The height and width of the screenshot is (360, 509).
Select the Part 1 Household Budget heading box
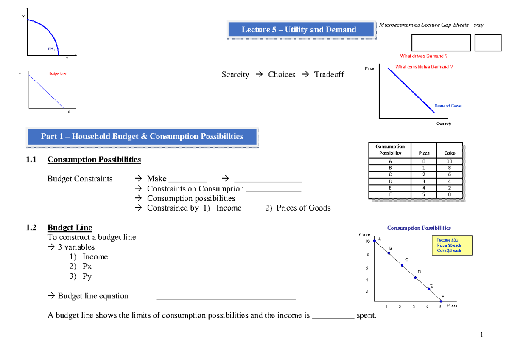[142, 137]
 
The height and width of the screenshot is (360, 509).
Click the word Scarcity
[235, 75]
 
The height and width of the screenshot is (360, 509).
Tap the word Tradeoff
[329, 75]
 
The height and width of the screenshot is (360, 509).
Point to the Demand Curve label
[447, 106]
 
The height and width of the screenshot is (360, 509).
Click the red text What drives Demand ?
[423, 56]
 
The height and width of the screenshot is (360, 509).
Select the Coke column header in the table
[450, 153]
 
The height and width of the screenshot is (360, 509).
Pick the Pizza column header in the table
[424, 153]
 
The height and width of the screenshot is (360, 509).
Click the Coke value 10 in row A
[450, 161]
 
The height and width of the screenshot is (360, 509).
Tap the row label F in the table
[390, 195]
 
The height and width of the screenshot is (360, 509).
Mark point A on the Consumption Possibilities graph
[374, 241]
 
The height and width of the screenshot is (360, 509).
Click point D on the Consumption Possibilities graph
[415, 278]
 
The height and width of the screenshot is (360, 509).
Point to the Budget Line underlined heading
[70, 228]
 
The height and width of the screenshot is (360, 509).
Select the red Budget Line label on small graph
[58, 73]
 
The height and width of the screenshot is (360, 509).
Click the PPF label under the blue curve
[51, 49]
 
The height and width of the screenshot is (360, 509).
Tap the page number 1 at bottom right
[482, 335]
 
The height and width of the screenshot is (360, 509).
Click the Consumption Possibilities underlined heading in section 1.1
[94, 160]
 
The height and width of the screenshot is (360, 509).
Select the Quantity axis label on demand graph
[444, 124]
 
